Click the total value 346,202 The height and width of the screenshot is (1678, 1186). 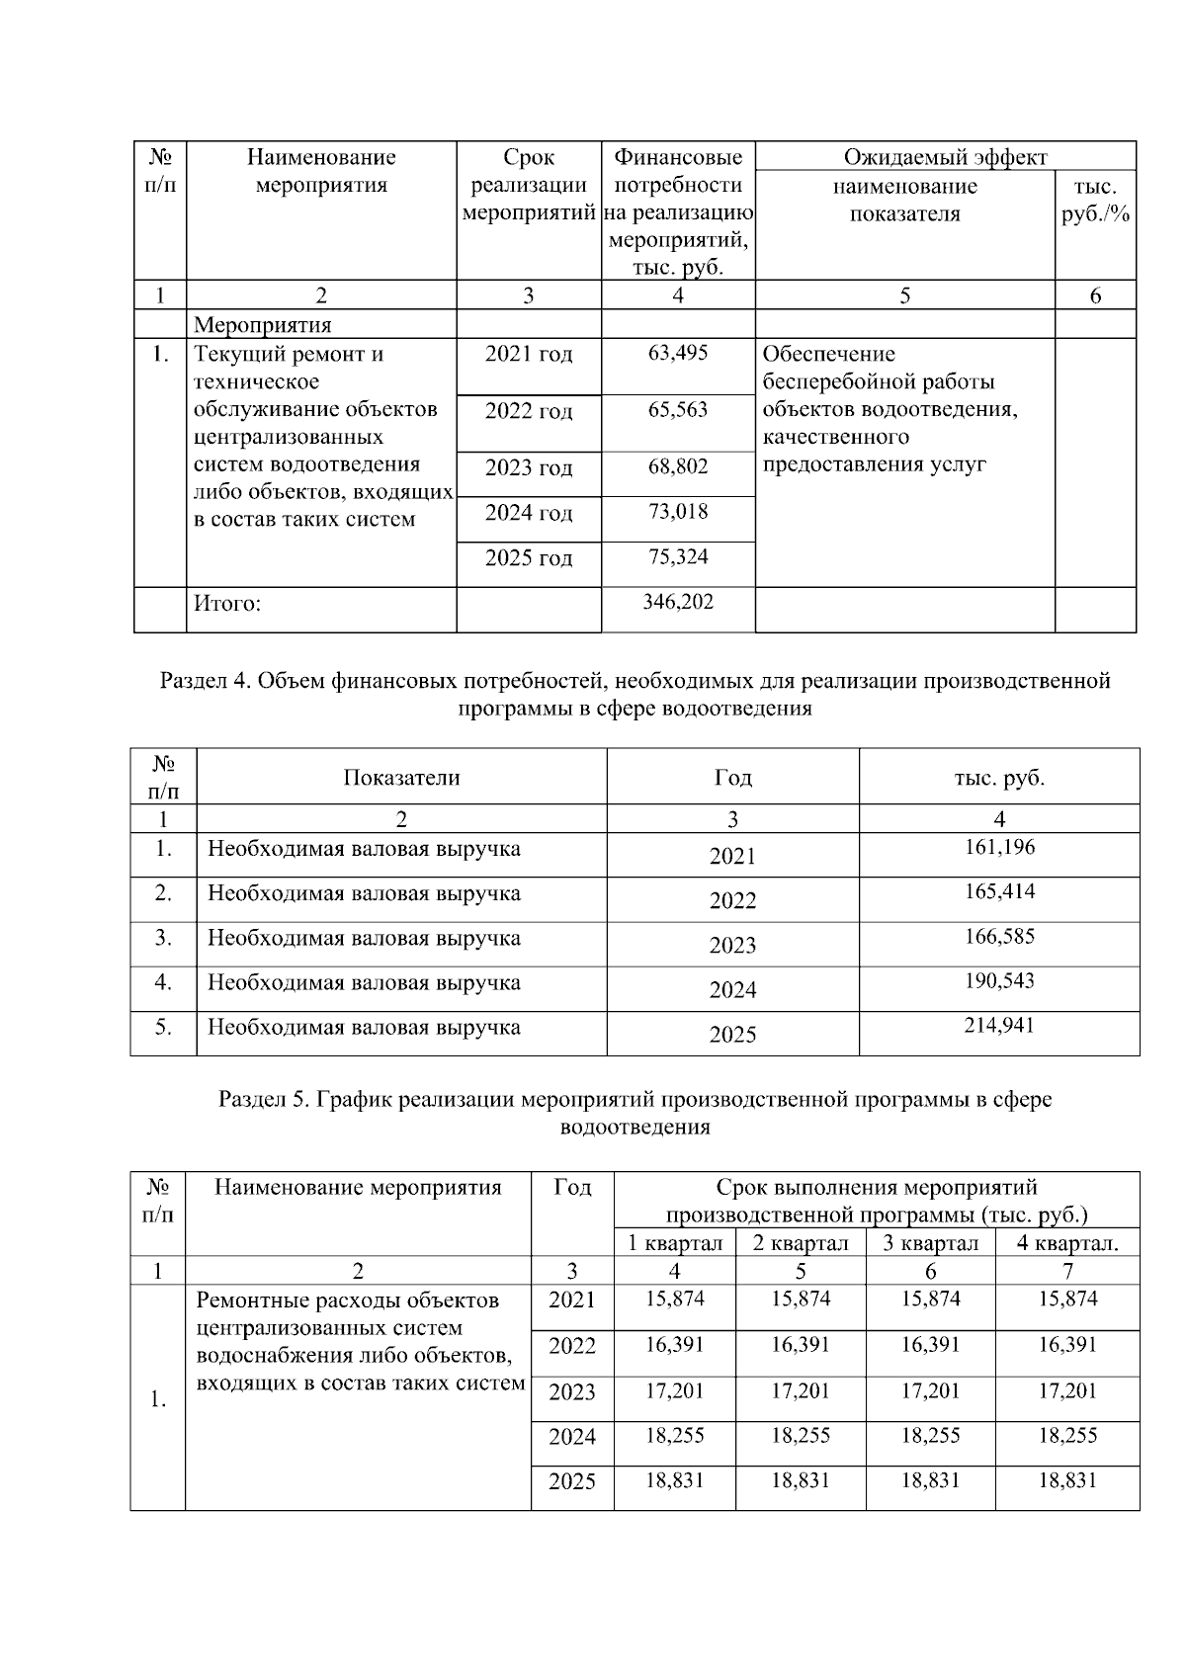[677, 602]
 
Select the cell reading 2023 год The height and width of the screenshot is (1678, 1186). [528, 467]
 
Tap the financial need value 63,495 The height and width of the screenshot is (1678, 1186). [677, 353]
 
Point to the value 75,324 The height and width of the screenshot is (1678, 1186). [677, 556]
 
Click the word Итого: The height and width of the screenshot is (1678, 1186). [227, 603]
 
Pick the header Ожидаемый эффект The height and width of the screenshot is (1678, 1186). [945, 157]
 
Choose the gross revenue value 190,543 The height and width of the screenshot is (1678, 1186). [999, 980]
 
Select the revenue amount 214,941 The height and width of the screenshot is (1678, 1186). [999, 1025]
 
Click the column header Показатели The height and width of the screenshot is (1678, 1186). [401, 778]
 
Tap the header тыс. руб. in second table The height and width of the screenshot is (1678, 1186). [999, 778]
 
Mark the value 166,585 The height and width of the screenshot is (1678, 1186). [999, 936]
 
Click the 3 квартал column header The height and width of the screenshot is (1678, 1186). [930, 1243]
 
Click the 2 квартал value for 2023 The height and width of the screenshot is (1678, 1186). [801, 1390]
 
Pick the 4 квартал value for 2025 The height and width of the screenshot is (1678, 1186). [1067, 1480]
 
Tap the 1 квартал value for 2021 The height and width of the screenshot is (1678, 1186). [675, 1299]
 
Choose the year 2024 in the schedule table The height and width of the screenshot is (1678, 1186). [572, 1436]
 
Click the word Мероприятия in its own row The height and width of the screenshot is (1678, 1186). [263, 325]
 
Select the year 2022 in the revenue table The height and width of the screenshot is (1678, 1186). [732, 900]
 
